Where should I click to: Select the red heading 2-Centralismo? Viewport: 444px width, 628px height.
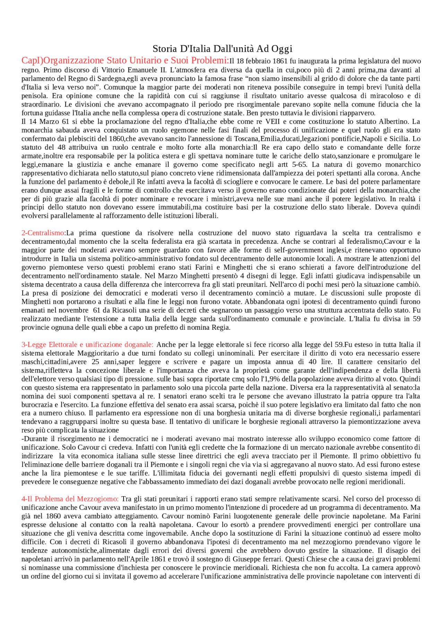pos(43,233)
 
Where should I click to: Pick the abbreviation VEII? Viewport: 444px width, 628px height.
pos(272,122)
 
